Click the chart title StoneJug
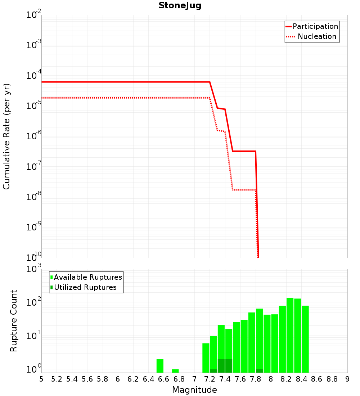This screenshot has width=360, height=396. point(180,5)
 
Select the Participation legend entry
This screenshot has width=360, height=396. point(315,26)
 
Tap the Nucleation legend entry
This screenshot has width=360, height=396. point(316,36)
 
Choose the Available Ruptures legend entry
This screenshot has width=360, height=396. point(88,277)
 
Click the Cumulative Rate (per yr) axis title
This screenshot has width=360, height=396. point(6,136)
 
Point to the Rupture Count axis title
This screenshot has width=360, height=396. point(14,320)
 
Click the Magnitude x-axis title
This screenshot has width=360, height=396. point(194,390)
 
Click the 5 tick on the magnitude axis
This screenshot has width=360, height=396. point(41,379)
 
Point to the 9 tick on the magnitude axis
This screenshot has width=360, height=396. point(347,379)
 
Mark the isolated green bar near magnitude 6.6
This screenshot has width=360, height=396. point(160,366)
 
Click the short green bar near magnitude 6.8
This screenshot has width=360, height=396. point(175,371)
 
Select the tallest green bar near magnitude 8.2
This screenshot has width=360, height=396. point(290,335)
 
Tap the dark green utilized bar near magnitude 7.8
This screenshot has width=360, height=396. point(259,371)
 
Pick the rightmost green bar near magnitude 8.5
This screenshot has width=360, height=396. point(305,338)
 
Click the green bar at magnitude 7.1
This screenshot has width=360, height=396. point(206,358)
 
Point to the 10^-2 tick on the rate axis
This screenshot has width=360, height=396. point(34,15)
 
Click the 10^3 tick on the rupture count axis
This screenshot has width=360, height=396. point(34,269)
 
